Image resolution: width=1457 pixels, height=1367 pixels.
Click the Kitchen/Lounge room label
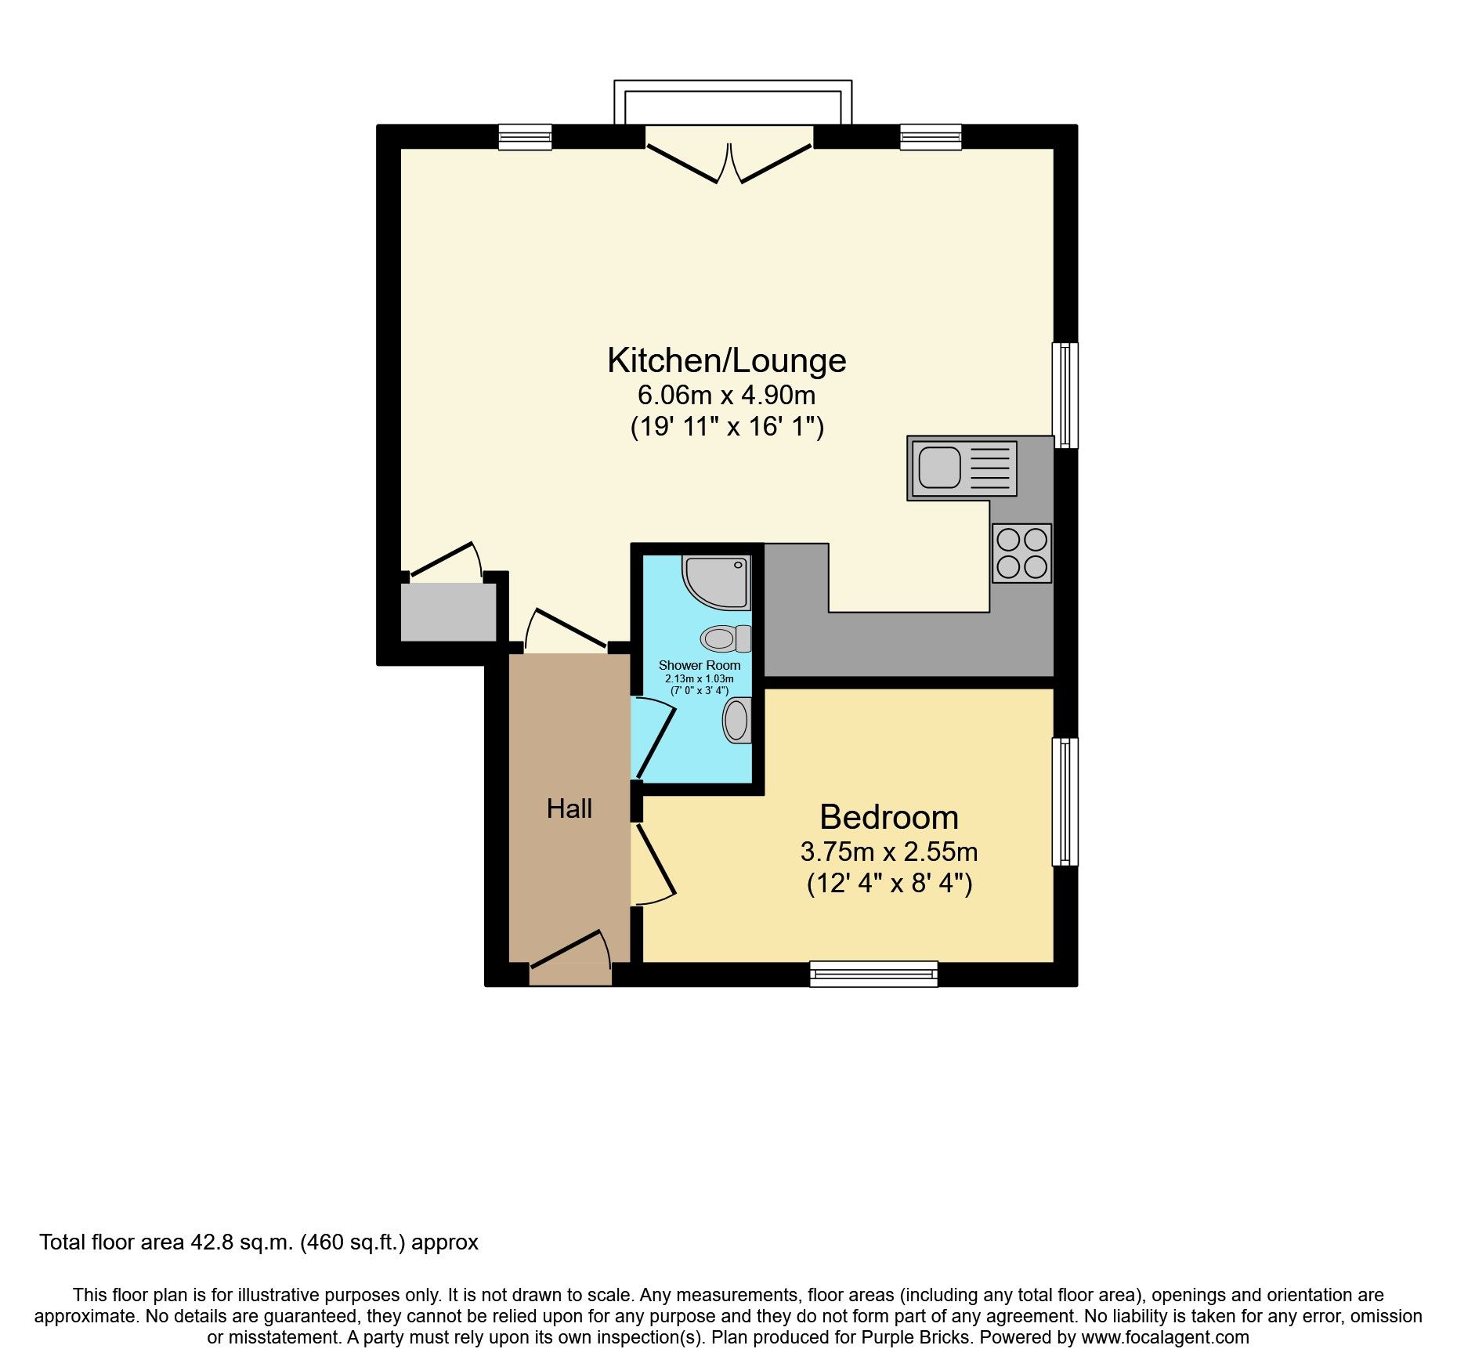[726, 360]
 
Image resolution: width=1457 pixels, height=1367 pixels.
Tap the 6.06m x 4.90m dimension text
[726, 395]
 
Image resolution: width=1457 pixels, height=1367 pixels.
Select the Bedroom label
[889, 817]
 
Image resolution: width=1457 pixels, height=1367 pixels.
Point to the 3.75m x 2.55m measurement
[889, 852]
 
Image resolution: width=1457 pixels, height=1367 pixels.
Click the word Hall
[569, 808]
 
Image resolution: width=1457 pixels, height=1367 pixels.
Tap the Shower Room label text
[699, 665]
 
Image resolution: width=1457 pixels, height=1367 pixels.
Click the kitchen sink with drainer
[963, 468]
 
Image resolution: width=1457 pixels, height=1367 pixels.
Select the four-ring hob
[1021, 553]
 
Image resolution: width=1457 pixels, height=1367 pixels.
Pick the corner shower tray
[717, 581]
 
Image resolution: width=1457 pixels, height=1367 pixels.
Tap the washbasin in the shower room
[736, 720]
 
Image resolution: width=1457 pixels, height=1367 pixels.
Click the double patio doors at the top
[729, 163]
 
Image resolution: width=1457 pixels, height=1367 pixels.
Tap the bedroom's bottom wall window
[873, 974]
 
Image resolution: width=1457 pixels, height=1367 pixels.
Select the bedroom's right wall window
[1065, 801]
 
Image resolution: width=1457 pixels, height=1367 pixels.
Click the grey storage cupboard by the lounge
[448, 612]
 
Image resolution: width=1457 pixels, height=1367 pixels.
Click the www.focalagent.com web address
[1165, 1337]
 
